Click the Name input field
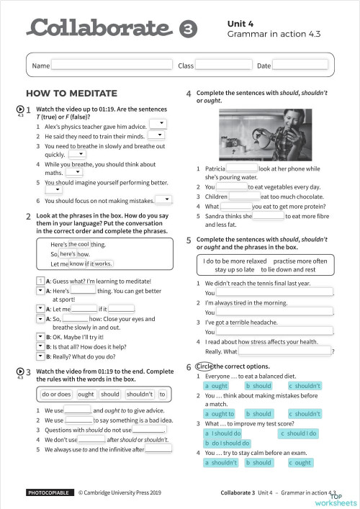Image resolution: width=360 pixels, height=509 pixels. coord(112,66)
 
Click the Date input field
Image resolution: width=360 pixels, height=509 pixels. coord(300,66)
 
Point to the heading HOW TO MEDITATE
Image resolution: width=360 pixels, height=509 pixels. coord(71,94)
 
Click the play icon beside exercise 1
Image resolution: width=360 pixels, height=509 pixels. coord(20,109)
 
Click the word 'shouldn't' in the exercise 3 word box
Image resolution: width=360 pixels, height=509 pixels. coord(140,394)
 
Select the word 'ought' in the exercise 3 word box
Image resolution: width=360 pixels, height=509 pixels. coord(86,394)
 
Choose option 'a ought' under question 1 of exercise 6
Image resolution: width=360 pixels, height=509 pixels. coord(217,386)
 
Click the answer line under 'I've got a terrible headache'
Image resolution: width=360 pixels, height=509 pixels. coord(274,332)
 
